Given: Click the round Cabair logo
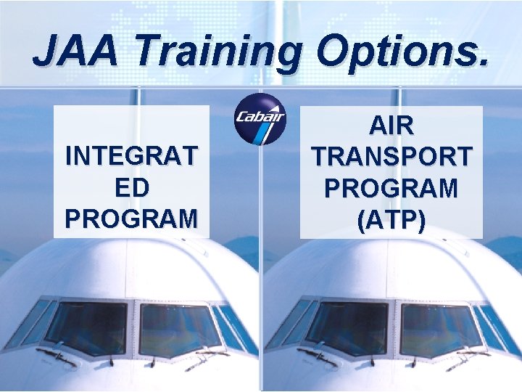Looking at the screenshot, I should point(260,119).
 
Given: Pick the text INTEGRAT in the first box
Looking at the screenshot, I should point(130,156).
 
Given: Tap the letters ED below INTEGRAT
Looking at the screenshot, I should point(130,187).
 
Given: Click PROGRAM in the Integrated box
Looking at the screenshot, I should point(130,217).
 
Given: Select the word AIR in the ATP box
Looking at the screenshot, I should point(391,126).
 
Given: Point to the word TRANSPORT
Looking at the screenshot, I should point(391,156).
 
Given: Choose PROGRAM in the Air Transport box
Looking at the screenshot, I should point(391,187).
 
